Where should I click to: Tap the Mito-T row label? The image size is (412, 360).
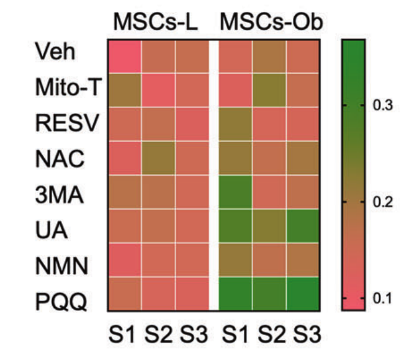click(x=66, y=89)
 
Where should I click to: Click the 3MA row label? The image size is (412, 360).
click(x=59, y=193)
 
